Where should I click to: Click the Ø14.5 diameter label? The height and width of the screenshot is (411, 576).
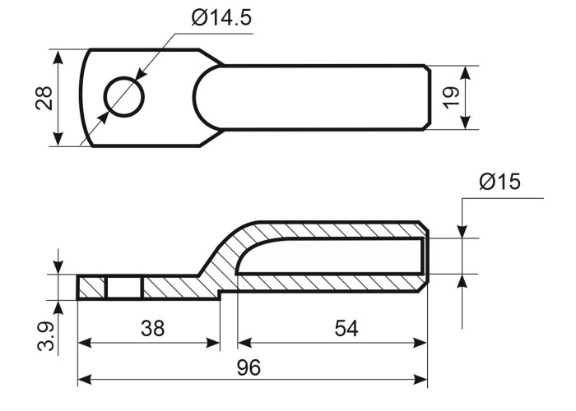coord(221,18)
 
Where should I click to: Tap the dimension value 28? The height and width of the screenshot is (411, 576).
coord(44,99)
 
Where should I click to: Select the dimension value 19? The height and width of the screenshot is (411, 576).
coord(451,98)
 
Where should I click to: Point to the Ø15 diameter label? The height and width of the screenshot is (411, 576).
coord(500,182)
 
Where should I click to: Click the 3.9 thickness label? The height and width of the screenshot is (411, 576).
coord(47,336)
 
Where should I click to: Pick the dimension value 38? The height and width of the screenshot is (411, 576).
coord(152,329)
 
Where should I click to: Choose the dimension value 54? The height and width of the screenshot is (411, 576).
coord(346,329)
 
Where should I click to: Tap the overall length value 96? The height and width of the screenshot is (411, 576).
coord(249,367)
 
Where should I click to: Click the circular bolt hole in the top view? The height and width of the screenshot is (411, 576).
coord(124,97)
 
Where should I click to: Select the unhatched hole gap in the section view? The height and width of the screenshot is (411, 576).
coord(124,288)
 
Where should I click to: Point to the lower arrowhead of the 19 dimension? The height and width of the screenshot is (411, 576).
coord(466,122)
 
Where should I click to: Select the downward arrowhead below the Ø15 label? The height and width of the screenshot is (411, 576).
coord(462,230)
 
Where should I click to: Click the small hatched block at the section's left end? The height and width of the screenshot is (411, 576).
coord(92,288)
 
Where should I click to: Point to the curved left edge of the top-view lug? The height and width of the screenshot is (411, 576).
coord(84,98)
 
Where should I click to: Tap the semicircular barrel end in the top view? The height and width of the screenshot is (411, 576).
coord(208,98)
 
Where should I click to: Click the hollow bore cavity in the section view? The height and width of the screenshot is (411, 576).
coord(331,256)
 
